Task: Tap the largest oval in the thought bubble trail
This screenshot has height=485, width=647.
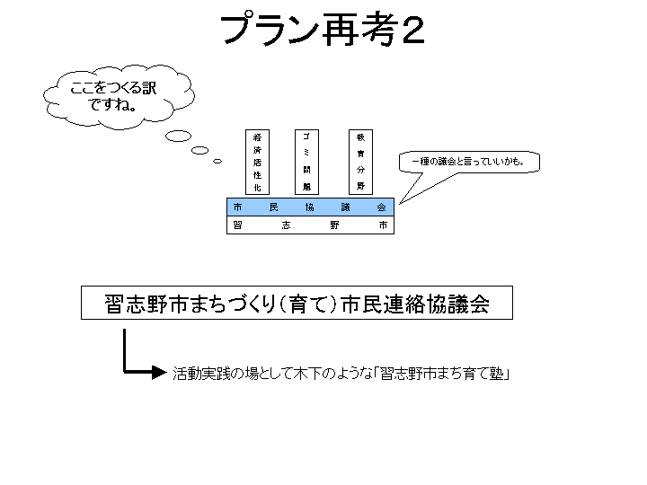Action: [179, 137]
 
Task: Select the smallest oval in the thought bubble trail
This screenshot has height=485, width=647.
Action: [217, 162]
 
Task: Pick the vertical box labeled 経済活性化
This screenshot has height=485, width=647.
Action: [257, 163]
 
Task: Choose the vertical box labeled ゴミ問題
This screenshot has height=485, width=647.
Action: [306, 163]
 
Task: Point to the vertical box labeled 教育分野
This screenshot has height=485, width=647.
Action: [359, 163]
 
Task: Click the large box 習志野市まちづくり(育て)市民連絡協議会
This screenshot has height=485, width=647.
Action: [297, 304]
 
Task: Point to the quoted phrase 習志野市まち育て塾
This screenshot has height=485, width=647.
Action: [444, 372]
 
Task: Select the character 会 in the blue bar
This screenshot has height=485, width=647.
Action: [381, 207]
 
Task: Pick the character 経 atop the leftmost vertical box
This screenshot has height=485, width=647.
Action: [257, 137]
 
